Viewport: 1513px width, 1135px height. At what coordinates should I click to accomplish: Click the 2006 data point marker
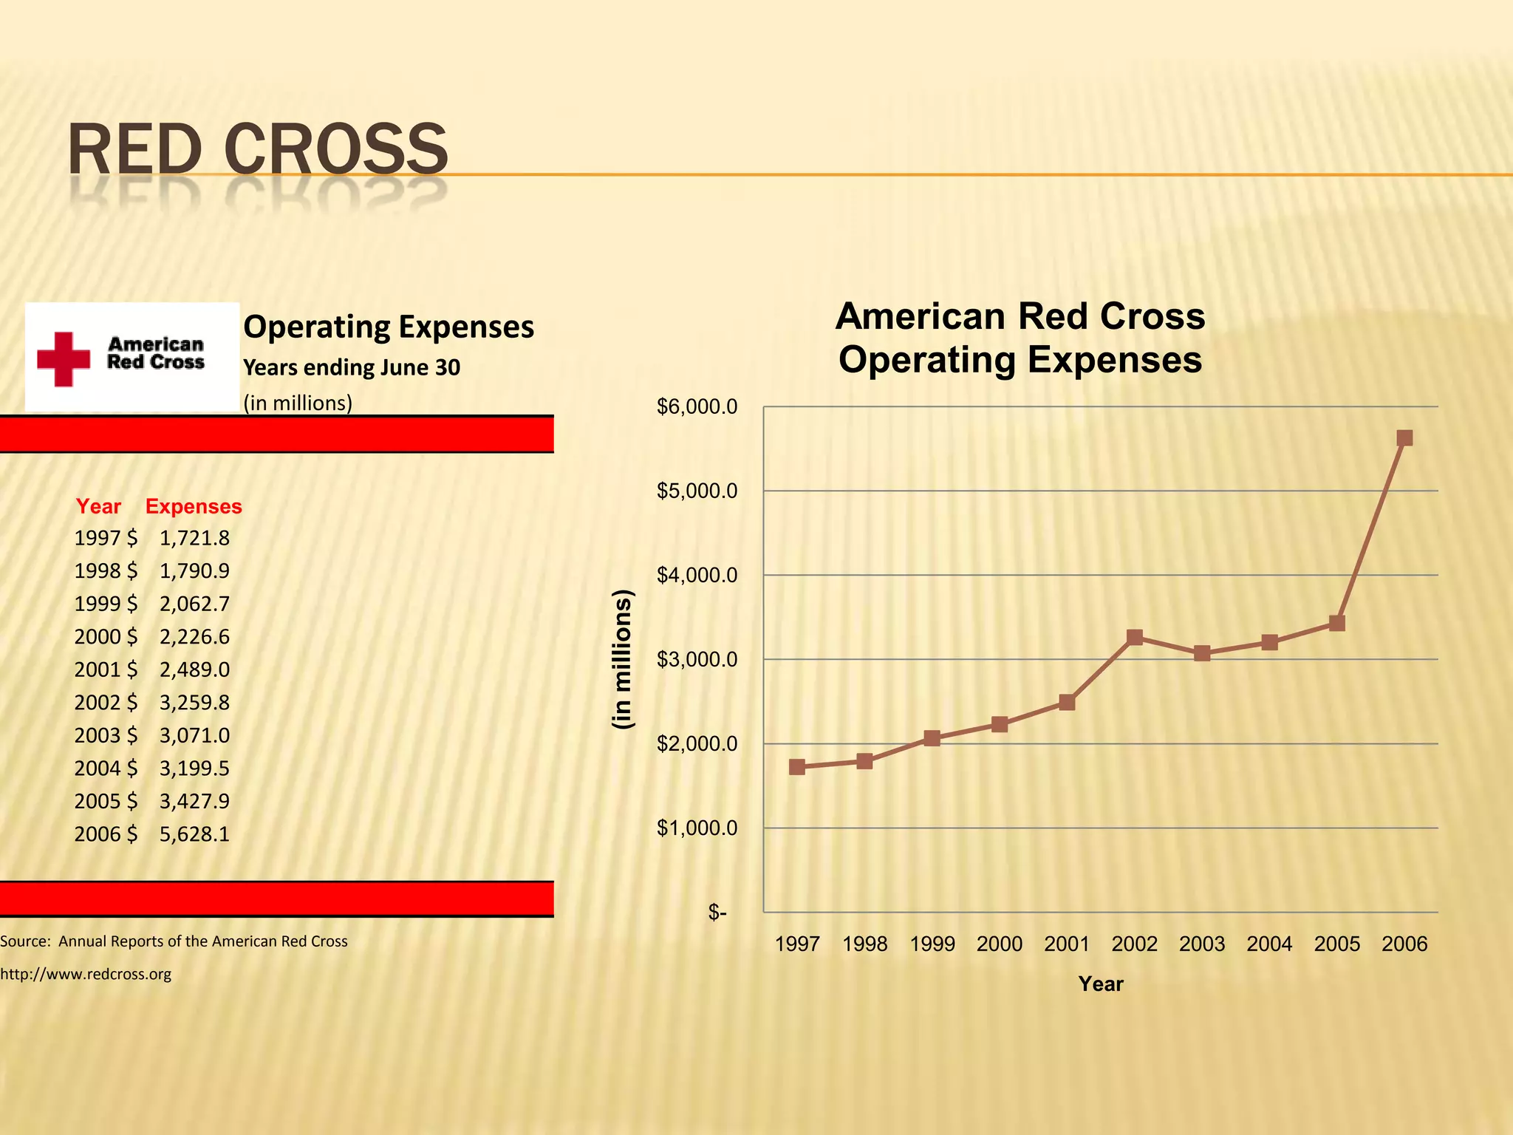coord(1404,438)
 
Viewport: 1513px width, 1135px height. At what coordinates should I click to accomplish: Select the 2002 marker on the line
coord(1135,637)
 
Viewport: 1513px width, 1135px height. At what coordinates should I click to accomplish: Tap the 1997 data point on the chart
coord(797,767)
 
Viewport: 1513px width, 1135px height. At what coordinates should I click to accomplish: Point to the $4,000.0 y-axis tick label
coord(697,575)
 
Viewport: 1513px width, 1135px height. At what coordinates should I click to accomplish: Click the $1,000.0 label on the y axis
coord(697,828)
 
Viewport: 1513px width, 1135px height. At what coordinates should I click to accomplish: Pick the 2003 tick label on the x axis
coord(1202,944)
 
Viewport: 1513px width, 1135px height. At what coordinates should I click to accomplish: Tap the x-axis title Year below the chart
coord(1100,984)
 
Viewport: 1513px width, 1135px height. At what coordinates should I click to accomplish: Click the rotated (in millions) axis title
coord(623,659)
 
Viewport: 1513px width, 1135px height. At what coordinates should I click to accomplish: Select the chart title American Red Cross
coord(1020,316)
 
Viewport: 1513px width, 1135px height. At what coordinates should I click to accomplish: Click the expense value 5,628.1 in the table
coord(194,834)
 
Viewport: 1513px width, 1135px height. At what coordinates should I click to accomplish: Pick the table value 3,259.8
coord(194,702)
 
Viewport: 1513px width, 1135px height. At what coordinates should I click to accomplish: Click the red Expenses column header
coord(194,506)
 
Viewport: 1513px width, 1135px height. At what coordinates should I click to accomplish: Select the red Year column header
coord(98,506)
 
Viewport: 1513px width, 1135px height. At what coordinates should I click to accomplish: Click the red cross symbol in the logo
coord(64,358)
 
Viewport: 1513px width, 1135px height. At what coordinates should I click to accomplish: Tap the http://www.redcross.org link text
coord(86,974)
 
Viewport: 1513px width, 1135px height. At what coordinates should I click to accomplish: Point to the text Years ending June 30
coord(352,367)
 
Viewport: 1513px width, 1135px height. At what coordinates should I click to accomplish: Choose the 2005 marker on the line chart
coord(1336,623)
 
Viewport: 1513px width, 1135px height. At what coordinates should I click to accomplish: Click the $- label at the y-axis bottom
coord(717,912)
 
